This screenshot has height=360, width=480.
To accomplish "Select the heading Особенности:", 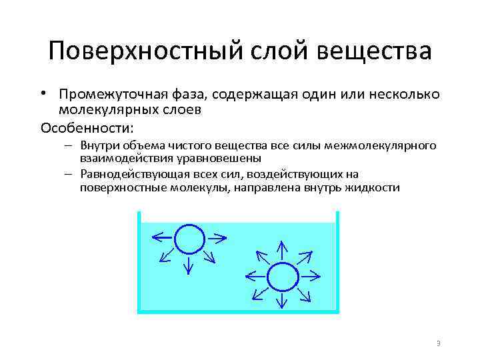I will point(87,127).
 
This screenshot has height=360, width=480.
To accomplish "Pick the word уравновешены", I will point(223,158).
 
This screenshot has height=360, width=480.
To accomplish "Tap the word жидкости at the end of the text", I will point(376,188).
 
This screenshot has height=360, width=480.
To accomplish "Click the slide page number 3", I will point(438,343).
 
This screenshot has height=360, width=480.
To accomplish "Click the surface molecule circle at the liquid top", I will point(189,237).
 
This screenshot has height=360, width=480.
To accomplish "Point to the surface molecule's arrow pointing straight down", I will point(189,265).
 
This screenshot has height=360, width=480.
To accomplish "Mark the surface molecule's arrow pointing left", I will point(161,237).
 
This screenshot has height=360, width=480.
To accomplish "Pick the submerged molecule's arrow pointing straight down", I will point(281,302).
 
